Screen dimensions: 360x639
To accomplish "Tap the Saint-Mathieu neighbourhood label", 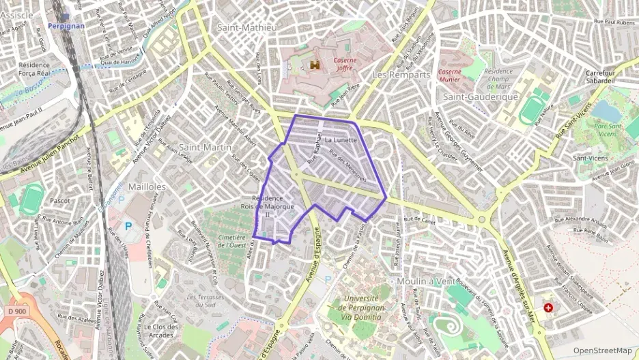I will click(247, 27).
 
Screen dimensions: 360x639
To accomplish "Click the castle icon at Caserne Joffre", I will click(315, 64).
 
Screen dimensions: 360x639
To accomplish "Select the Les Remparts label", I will click(401, 74).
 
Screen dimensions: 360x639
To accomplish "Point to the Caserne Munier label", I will click(449, 75).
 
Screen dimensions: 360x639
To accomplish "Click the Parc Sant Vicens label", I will click(606, 129).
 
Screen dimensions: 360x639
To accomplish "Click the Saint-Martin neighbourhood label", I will click(205, 147).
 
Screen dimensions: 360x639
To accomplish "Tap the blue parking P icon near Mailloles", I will click(128, 225).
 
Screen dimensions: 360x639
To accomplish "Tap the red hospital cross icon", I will click(549, 307).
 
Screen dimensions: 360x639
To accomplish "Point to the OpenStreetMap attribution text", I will click(603, 350).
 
